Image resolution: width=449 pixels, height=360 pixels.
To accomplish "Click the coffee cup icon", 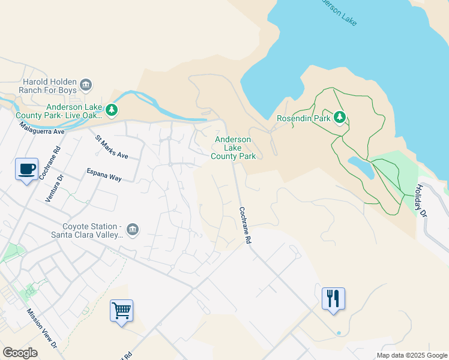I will point(26,169).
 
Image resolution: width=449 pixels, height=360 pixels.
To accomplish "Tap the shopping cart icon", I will point(121,311).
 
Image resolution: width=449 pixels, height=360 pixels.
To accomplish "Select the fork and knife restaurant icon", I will point(333,299).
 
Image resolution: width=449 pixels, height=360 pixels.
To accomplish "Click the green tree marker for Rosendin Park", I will point(340,116).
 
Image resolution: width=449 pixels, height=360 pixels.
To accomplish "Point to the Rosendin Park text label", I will point(303,119).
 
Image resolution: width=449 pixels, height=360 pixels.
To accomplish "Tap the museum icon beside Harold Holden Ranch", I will point(86,85).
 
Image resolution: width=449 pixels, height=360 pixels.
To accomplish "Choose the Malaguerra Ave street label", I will point(41,127).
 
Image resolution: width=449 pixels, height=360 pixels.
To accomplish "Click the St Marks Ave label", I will point(112,147).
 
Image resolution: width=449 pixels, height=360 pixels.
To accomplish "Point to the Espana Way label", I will point(104,175).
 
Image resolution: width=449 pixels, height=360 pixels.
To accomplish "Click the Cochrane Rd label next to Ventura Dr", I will point(58,163).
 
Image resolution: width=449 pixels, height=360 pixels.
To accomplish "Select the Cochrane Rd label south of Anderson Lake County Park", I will point(244,225).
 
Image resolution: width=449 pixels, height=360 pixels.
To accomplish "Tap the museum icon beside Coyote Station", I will point(133,229).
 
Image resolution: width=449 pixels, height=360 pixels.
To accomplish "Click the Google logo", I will point(20,353).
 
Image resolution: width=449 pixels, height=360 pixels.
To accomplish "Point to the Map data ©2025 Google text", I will point(412,355).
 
